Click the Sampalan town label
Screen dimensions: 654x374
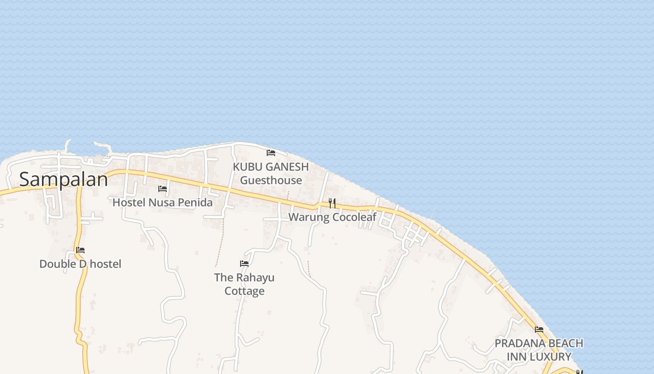tap(64, 179)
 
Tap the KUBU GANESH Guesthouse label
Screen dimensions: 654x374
tap(271, 173)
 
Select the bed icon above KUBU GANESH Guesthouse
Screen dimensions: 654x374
tap(270, 152)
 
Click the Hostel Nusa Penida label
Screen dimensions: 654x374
tap(163, 202)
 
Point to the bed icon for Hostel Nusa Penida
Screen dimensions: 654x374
tap(163, 189)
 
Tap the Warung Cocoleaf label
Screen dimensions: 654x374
tap(332, 217)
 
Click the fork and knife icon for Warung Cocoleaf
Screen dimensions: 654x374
tap(332, 203)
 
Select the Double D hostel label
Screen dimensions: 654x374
tap(80, 264)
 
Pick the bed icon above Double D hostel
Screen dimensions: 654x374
tap(80, 250)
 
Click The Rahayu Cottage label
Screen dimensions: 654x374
tap(244, 284)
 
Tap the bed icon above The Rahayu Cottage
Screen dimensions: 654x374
tap(244, 264)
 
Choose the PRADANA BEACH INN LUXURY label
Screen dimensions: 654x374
tap(539, 350)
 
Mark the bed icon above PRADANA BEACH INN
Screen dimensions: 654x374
tap(539, 330)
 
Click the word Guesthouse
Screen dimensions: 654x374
tap(271, 180)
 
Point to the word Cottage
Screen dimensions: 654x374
tap(244, 291)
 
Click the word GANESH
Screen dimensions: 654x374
tap(288, 167)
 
